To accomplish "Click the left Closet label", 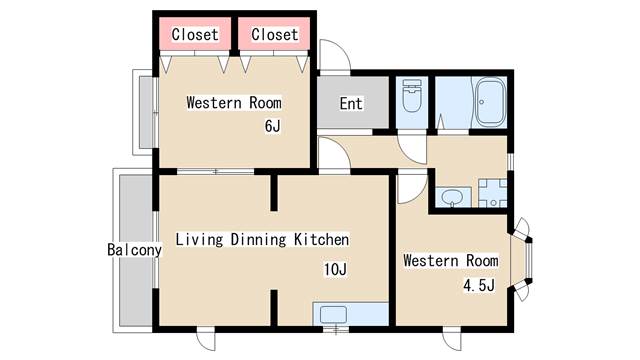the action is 195,34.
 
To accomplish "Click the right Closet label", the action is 274,34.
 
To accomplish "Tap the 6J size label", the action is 273,126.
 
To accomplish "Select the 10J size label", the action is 336,269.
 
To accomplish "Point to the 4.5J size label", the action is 479,285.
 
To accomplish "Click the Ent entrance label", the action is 351,104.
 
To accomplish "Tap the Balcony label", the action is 134,250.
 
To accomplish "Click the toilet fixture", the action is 411,96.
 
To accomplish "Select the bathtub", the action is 489,102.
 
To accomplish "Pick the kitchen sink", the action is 333,315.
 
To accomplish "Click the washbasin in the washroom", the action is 451,196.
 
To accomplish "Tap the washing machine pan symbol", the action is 493,193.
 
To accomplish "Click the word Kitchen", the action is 322,239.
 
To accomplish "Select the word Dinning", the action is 258,240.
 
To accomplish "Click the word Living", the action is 199,240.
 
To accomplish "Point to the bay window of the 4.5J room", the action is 521,260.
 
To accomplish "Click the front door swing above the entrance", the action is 335,55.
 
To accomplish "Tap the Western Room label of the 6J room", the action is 234,102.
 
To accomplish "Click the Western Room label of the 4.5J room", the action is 451,260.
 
